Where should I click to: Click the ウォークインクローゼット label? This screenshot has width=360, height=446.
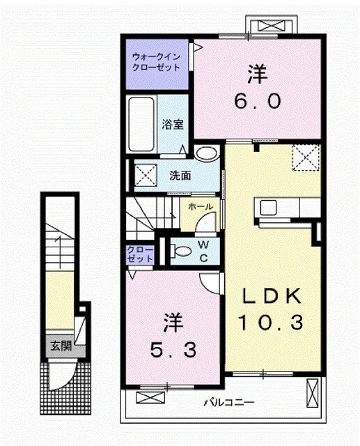(x=157, y=62)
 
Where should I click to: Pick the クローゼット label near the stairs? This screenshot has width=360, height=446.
(x=140, y=254)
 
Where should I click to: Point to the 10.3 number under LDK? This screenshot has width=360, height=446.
(x=272, y=323)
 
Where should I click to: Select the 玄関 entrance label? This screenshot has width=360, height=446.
(x=60, y=346)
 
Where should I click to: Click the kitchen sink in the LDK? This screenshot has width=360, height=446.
(x=269, y=207)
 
